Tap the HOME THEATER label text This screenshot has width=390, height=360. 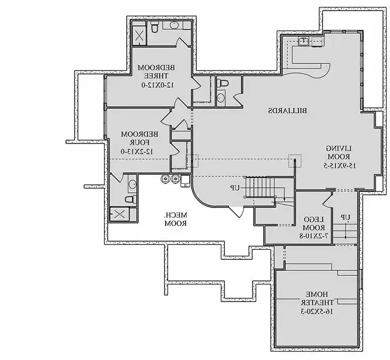(x=312, y=298)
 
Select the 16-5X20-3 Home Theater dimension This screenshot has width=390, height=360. (x=312, y=312)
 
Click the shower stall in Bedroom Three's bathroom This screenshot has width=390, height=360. (x=139, y=36)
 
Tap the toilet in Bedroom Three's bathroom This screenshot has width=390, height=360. (x=155, y=26)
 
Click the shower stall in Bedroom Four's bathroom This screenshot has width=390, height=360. (x=120, y=214)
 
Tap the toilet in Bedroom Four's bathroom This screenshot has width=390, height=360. (x=130, y=200)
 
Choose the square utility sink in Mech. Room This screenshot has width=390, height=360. (x=185, y=179)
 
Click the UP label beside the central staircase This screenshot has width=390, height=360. (x=235, y=188)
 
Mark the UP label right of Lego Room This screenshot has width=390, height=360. (x=345, y=218)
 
